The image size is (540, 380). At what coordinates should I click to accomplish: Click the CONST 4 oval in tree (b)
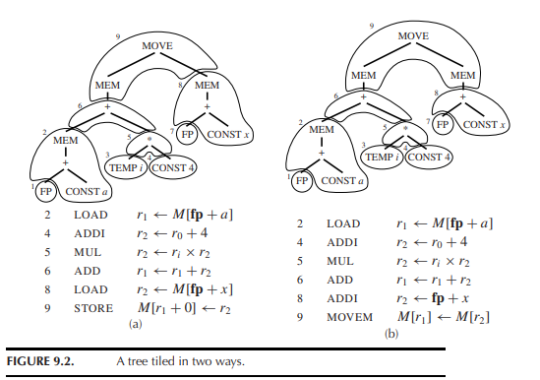tap(429, 156)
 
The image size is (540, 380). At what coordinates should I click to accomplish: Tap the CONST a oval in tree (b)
tap(339, 181)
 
